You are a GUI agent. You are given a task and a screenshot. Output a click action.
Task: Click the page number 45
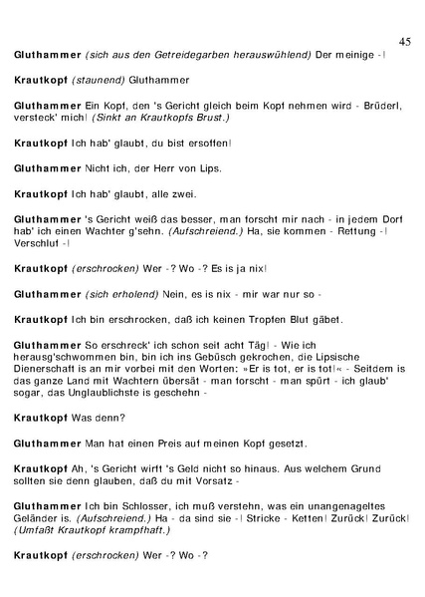(404, 41)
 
